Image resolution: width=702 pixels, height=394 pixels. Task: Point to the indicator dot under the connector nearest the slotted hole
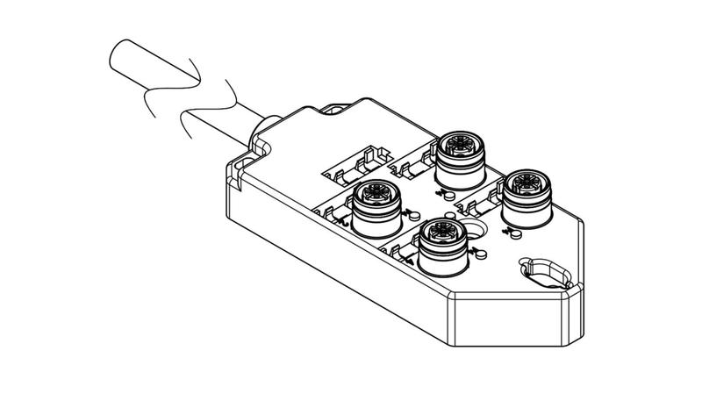tap(515, 233)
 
